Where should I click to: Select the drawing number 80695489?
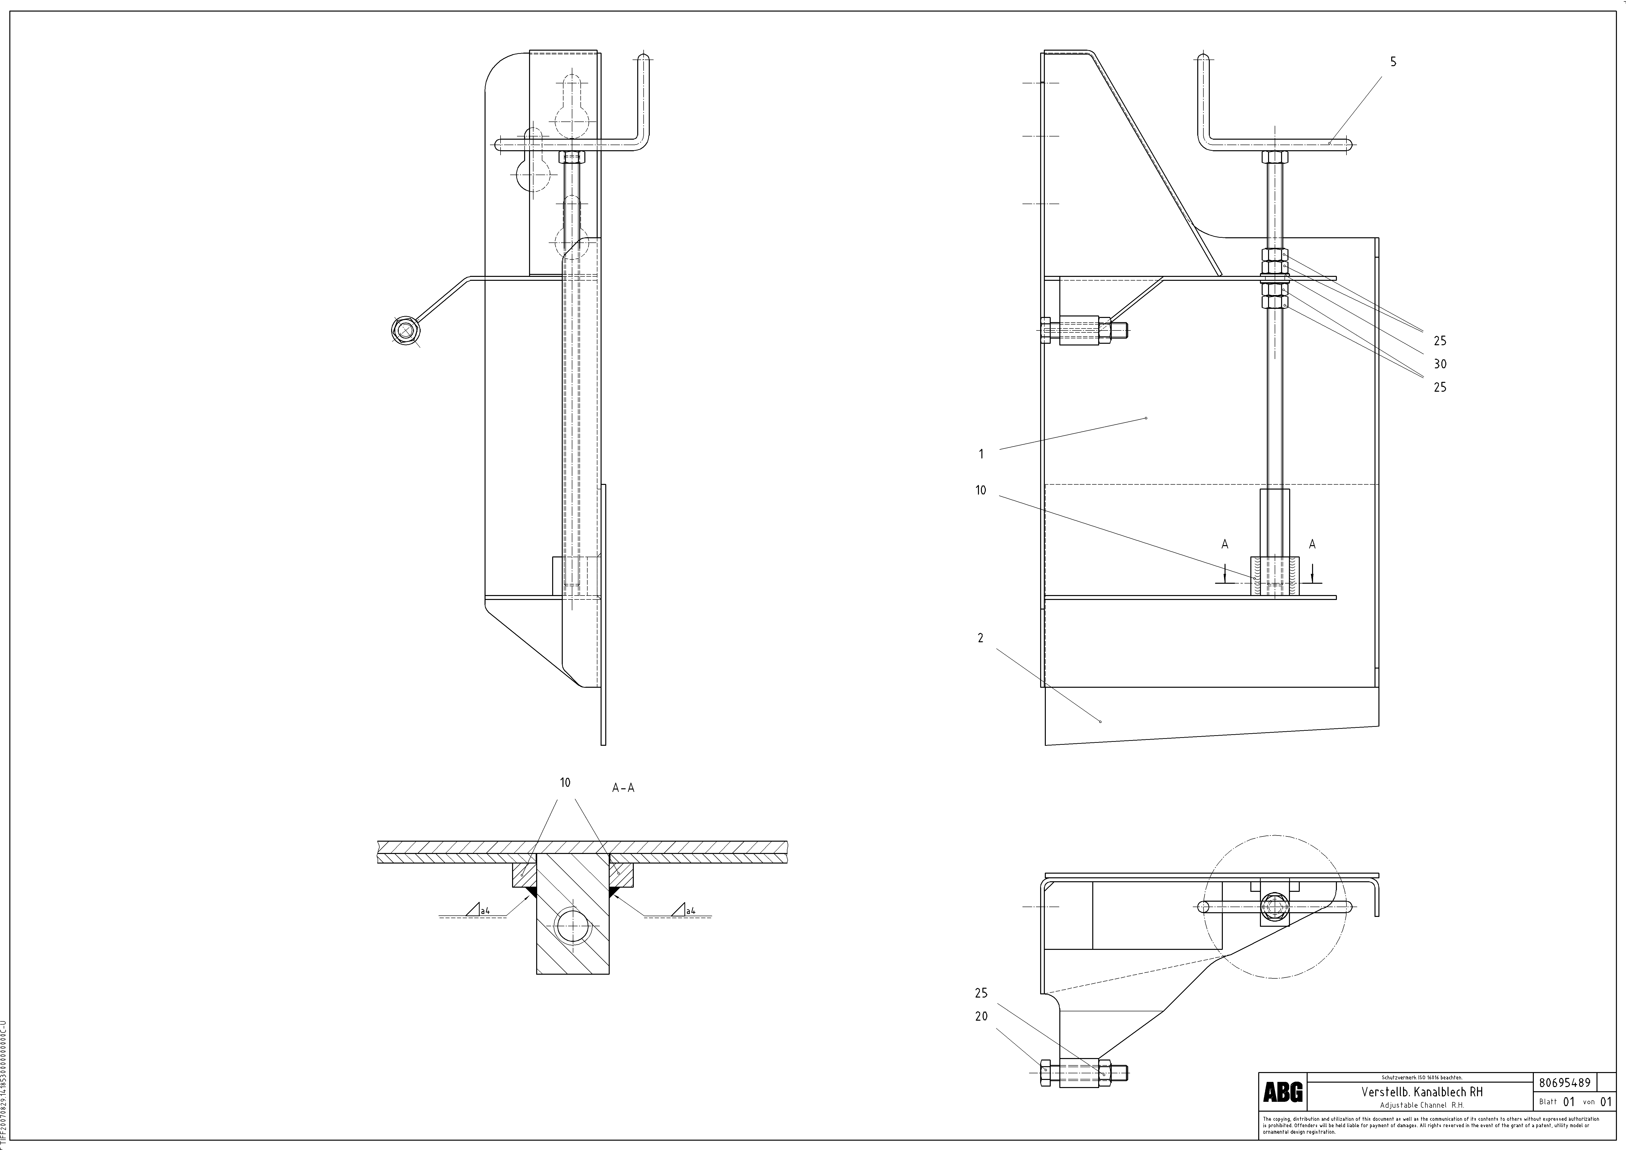click(1564, 1083)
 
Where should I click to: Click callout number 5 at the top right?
click(1393, 62)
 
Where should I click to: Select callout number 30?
click(1440, 364)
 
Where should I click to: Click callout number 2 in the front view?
click(980, 638)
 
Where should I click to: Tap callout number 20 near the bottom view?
click(981, 1016)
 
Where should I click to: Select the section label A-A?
click(623, 787)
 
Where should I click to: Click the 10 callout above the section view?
click(565, 782)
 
